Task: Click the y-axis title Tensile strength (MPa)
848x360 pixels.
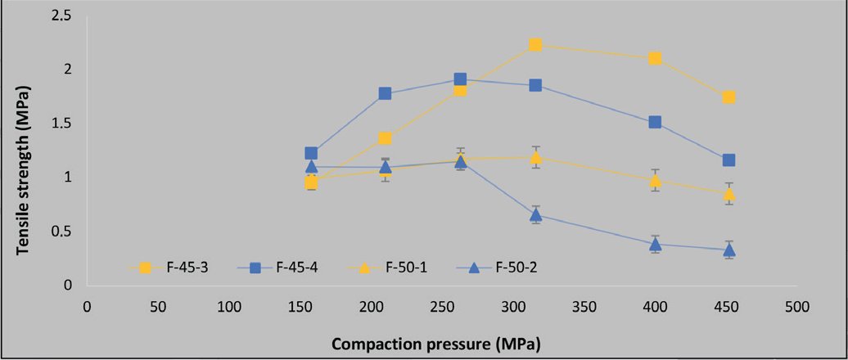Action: (x=25, y=166)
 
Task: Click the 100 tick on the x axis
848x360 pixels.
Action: (x=228, y=307)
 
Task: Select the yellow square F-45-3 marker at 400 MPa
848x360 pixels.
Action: (x=655, y=58)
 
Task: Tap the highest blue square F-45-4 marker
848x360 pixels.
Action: (x=460, y=79)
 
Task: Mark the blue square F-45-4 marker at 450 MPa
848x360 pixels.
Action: (x=728, y=160)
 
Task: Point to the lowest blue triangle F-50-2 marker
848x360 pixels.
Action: (x=728, y=250)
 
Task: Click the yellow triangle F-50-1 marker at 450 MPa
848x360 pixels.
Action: (x=728, y=194)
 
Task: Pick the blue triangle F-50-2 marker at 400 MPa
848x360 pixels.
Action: (x=655, y=244)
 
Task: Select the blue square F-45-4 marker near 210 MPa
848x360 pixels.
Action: (x=386, y=93)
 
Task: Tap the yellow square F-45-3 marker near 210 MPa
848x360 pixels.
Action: (x=386, y=138)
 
